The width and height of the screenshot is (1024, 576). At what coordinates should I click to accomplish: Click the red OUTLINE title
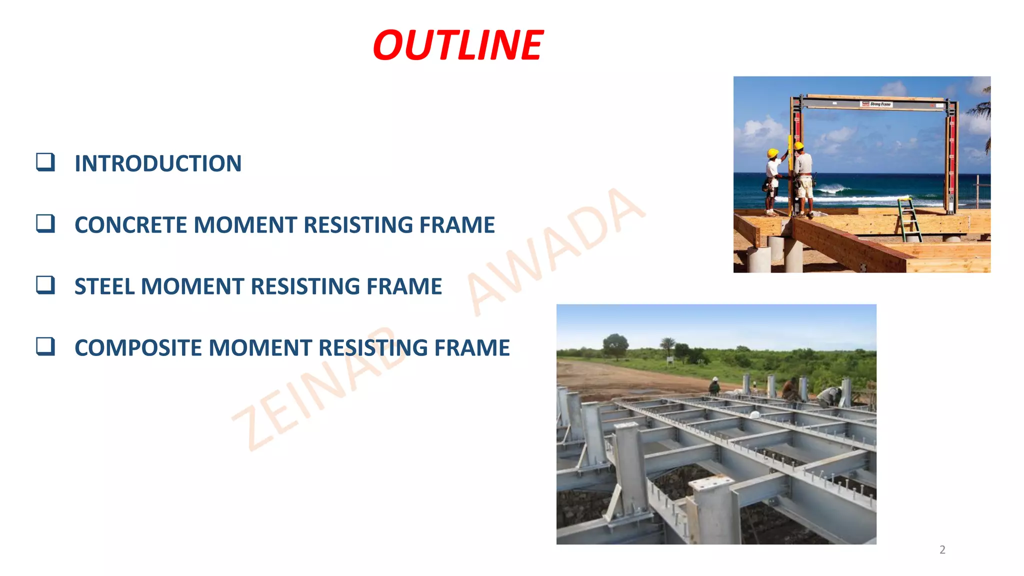tap(457, 45)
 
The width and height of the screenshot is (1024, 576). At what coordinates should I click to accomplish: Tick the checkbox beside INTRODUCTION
tap(45, 162)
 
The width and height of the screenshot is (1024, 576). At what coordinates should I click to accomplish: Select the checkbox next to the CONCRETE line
tap(45, 223)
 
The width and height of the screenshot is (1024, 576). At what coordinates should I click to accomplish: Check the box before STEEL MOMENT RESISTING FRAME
tap(45, 285)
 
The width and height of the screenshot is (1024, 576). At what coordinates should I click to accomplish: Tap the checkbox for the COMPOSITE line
tap(45, 346)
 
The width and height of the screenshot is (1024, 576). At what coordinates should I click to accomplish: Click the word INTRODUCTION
tap(158, 163)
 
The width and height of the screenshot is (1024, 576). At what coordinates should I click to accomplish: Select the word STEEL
tap(104, 286)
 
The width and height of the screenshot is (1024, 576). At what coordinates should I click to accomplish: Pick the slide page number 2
tap(942, 550)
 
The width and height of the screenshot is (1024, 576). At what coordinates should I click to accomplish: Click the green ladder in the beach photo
tap(908, 220)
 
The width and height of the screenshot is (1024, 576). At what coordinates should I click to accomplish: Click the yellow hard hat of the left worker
tap(772, 153)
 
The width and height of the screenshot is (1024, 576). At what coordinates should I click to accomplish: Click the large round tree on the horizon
tap(615, 345)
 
